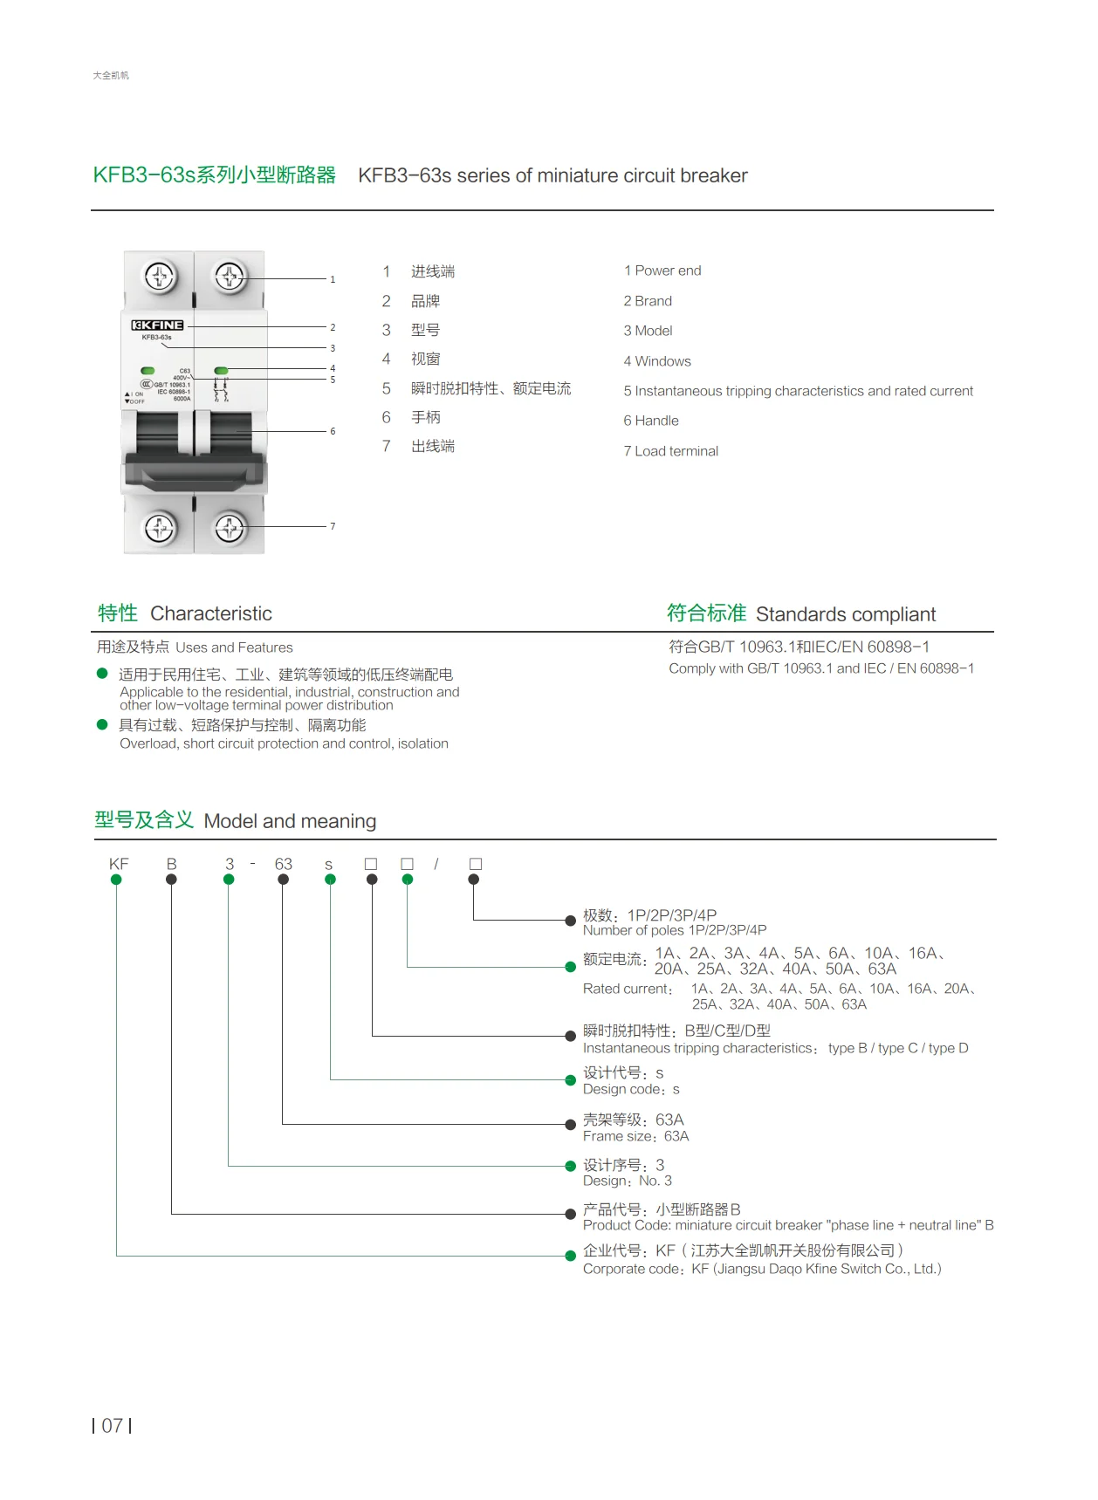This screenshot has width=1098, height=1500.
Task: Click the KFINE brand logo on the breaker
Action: (157, 325)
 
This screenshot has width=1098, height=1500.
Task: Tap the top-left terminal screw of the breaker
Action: (160, 277)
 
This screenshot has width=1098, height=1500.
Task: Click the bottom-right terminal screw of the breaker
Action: (230, 528)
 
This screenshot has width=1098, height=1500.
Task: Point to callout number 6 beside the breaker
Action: (333, 431)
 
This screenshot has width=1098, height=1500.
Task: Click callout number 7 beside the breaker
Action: (333, 526)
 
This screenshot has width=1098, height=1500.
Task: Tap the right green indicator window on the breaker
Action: (221, 371)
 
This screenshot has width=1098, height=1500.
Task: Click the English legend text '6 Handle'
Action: (650, 421)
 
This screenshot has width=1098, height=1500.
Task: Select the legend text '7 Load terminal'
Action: (670, 451)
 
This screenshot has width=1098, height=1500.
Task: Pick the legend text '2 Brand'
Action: (647, 301)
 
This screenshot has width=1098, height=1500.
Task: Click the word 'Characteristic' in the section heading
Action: (211, 613)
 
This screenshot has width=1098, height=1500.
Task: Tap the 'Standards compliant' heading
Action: (845, 614)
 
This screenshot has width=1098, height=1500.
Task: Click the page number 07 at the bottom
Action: (112, 1426)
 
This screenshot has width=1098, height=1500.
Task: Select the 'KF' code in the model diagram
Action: (119, 864)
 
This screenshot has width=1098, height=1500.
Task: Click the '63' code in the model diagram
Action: (283, 864)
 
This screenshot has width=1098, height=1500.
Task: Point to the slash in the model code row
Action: (436, 864)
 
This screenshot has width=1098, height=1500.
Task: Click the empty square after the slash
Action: (475, 864)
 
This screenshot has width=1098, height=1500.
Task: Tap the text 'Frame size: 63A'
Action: (635, 1136)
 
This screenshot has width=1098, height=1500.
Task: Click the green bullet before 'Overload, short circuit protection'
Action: (102, 724)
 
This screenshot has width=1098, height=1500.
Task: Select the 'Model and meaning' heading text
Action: (290, 821)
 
